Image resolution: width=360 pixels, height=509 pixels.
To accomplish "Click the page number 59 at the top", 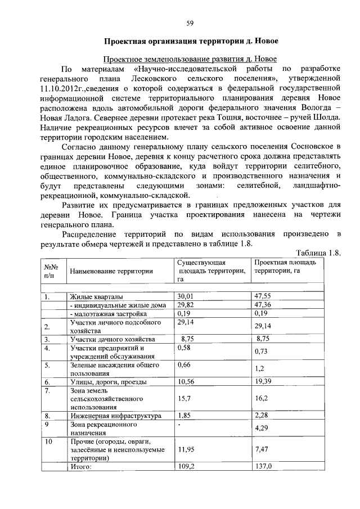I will point(190,23).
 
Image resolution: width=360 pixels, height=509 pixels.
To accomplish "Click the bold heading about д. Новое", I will point(191,41).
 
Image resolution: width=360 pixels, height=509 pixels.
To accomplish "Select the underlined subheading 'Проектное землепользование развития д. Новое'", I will point(191,58).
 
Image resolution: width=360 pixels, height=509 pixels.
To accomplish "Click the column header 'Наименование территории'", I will point(111,271).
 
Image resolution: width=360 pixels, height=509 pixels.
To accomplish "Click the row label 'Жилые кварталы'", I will point(97,296).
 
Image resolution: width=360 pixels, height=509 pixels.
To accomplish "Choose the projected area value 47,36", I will point(263,304).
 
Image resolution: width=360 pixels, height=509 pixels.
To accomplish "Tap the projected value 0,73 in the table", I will point(260,352).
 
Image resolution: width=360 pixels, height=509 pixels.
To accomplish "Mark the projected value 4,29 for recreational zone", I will point(262,429).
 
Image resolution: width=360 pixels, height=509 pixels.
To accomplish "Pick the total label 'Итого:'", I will point(80,466).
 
